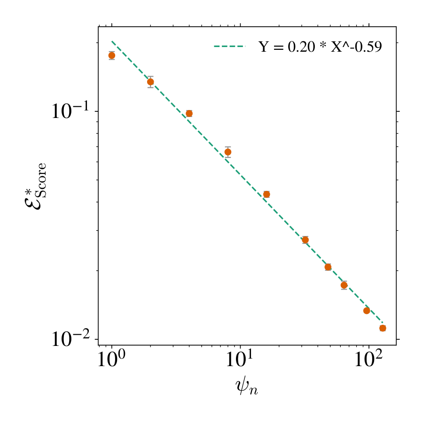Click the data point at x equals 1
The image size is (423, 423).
112,55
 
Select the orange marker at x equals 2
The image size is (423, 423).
150,82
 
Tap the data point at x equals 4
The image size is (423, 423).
189,113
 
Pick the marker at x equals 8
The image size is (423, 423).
228,152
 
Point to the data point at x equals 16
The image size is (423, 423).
266,194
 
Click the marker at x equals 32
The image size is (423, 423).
305,240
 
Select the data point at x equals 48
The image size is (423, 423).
328,267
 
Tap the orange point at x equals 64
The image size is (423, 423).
344,285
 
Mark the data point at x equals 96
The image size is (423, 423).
367,310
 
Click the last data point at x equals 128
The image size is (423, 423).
383,328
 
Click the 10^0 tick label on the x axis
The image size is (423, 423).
112,362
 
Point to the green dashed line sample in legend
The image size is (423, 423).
230,47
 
